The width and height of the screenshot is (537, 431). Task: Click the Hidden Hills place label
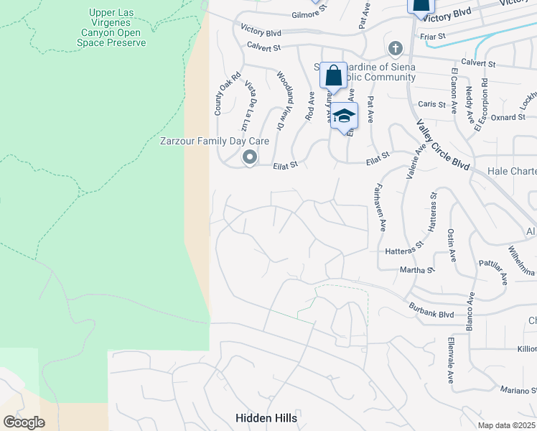(x=266, y=417)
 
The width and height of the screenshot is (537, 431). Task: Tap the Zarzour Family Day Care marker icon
(x=250, y=157)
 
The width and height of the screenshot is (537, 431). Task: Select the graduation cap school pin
(x=344, y=116)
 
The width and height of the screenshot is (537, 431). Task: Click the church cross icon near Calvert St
(x=393, y=49)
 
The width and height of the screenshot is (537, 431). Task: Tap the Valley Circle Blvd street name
(x=442, y=144)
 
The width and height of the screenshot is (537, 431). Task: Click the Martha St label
(x=417, y=270)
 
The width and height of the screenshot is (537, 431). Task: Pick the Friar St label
(x=431, y=35)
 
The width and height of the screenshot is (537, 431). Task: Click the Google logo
(x=24, y=422)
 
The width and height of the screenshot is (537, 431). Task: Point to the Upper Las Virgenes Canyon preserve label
(x=111, y=28)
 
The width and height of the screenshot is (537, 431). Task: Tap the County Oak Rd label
(x=218, y=98)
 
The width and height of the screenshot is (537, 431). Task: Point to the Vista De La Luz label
(x=252, y=99)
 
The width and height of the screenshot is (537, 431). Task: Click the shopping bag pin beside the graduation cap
(x=333, y=75)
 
